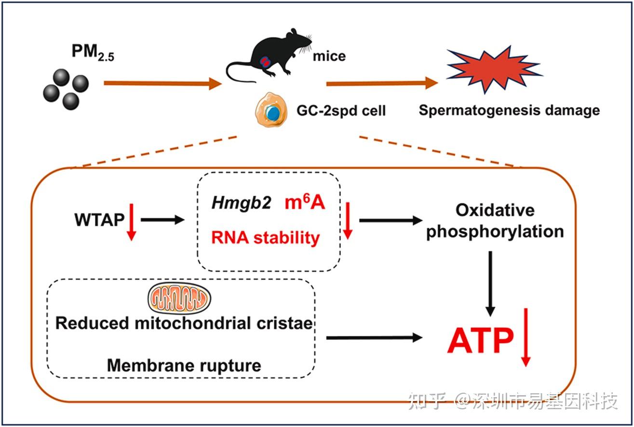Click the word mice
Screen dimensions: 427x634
(329, 56)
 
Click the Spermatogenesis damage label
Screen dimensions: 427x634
(509, 110)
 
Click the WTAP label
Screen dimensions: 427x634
(98, 220)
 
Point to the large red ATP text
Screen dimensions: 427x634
(480, 342)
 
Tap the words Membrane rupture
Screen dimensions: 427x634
(184, 365)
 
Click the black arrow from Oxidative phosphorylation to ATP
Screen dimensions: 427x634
(490, 282)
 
